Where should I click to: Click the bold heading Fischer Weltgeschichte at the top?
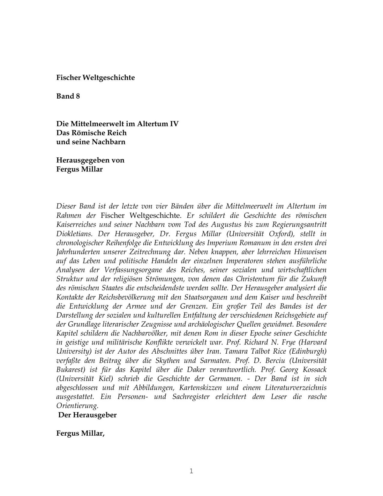[95, 78]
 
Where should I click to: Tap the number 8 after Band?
[78, 96]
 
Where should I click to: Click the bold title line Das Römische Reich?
[91, 133]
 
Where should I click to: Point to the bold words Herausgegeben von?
[90, 160]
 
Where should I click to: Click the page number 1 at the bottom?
[191, 471]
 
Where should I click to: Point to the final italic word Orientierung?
[77, 406]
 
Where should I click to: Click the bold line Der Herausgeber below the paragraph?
[87, 415]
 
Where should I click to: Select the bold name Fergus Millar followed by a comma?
[80, 433]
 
